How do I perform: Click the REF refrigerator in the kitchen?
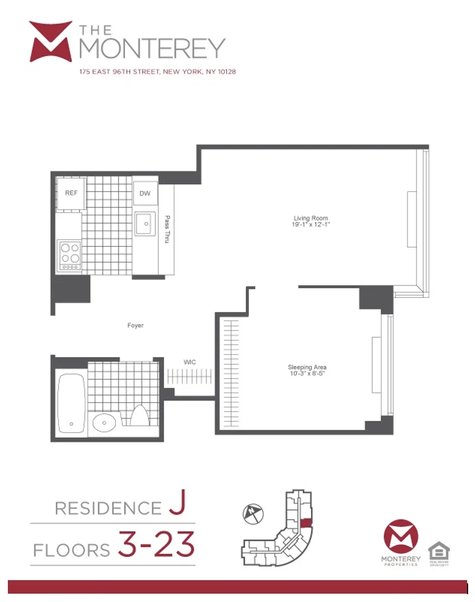71,193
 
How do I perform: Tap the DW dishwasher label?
145,193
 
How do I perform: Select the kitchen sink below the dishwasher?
145,224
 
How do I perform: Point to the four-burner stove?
69,255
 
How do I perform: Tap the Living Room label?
311,218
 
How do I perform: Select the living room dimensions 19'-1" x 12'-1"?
311,225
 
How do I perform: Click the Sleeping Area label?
307,367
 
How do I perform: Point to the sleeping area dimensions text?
307,374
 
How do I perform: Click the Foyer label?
135,325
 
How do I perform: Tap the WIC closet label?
190,362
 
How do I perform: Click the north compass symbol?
253,514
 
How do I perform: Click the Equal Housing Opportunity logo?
439,554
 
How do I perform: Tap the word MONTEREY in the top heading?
152,48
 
